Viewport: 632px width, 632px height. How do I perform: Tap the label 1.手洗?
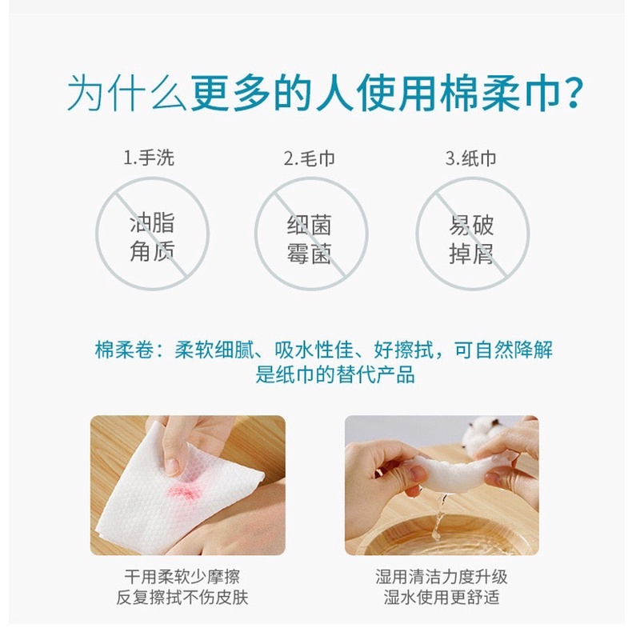point(149,158)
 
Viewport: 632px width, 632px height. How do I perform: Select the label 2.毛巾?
point(309,158)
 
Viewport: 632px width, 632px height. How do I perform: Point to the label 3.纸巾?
point(470,158)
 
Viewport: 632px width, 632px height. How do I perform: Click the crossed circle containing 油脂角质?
point(96,234)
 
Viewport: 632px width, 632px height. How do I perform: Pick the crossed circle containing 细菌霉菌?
point(255,234)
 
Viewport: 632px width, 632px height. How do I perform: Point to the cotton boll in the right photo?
point(478,432)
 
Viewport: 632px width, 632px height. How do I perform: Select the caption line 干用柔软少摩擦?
point(182,576)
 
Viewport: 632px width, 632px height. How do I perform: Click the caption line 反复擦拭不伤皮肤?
point(182,598)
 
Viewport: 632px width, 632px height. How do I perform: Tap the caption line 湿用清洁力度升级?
point(442,576)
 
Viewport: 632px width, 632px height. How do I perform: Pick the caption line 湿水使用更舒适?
point(442,598)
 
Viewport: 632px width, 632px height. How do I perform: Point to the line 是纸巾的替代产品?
point(335,375)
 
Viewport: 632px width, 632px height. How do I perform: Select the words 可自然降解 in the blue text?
point(503,350)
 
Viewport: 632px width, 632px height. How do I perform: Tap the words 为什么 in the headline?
point(126,94)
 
